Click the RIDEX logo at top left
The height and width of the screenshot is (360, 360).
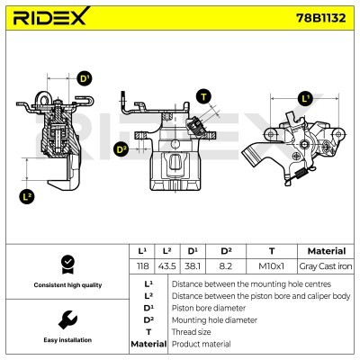[50, 18]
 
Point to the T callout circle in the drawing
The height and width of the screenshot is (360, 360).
[204, 96]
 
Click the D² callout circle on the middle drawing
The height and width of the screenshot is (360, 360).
[121, 148]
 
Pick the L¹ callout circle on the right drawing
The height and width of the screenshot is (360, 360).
[305, 98]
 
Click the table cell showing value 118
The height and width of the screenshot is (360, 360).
[141, 267]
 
